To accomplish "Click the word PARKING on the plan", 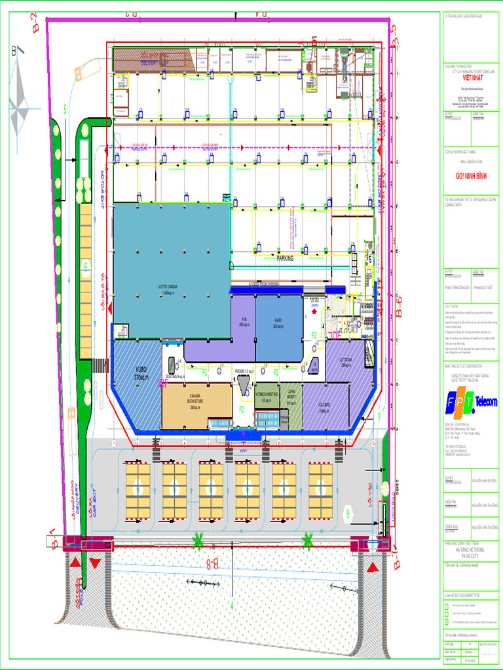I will pos(285,258).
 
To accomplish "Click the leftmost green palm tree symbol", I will pos(197,540).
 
